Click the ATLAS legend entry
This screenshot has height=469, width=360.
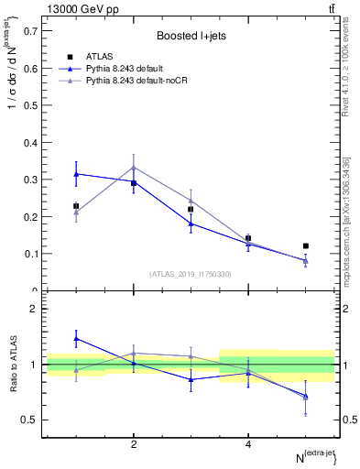[x=99, y=56]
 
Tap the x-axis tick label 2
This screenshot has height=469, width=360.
[x=134, y=444]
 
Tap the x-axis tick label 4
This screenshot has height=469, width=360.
[x=248, y=444]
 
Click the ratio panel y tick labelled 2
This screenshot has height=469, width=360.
[x=35, y=310]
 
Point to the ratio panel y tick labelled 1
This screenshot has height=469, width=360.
[x=35, y=365]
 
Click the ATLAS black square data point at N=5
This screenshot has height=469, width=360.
[x=306, y=245]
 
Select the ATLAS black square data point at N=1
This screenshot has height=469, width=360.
[x=76, y=206]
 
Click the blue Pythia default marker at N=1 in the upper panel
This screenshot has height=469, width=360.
[x=76, y=173]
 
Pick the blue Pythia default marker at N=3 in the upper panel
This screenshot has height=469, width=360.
[x=191, y=223]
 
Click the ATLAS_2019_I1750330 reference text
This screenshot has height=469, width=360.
[x=189, y=274]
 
